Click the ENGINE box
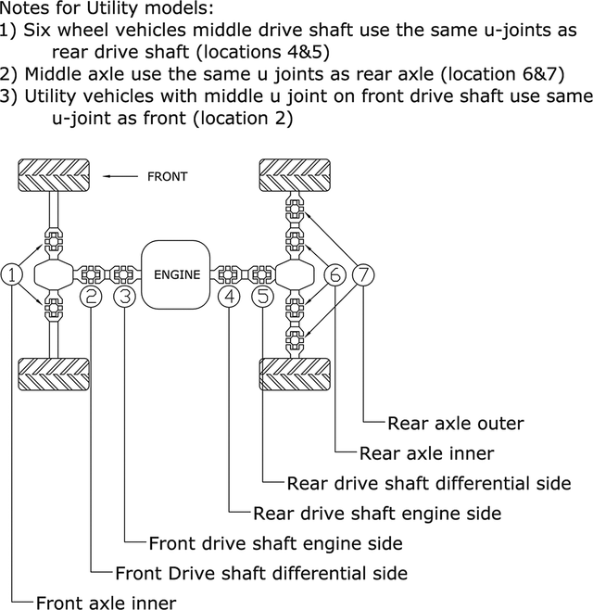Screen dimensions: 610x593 coord(177,274)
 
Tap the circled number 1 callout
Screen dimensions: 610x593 coord(12,274)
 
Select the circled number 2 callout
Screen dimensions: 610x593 coord(91,297)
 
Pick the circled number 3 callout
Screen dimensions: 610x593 coord(125,297)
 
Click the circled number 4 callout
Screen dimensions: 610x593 coord(230,297)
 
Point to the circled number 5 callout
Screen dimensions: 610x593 coord(264,297)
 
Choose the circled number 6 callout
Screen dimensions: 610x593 coord(335,274)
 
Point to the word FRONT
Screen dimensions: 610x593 coord(167,176)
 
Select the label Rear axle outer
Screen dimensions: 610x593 coord(456,424)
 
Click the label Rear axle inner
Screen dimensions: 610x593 coord(426,453)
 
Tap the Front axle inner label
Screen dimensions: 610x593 coord(106,603)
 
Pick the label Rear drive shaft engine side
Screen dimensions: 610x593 coord(377,513)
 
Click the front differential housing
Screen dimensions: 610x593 coord(53,274)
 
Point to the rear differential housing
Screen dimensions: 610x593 coord(294,274)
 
